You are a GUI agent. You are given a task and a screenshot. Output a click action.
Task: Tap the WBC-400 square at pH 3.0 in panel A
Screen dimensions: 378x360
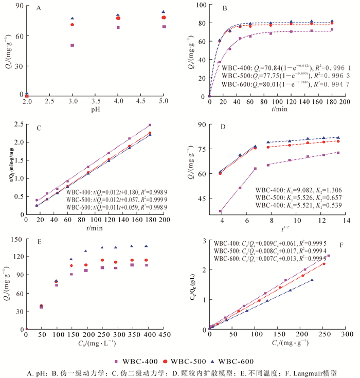coord(73,45)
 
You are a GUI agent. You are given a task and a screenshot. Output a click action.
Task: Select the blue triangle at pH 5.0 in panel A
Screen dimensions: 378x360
coord(164,12)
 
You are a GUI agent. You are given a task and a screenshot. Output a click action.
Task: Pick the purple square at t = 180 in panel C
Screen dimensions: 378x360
coord(150,125)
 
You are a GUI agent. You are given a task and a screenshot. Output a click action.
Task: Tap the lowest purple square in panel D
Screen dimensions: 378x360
coord(220,211)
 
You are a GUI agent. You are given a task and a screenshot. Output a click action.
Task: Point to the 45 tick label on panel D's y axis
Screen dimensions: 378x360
coord(202,199)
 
